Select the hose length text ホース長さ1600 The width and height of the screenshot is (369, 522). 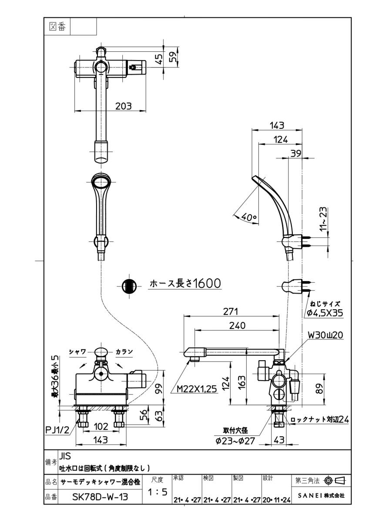coord(185,284)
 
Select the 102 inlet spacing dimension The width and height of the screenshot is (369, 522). coord(101,427)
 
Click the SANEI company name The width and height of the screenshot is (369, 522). coord(320,495)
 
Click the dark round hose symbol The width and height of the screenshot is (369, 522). coord(129,286)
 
